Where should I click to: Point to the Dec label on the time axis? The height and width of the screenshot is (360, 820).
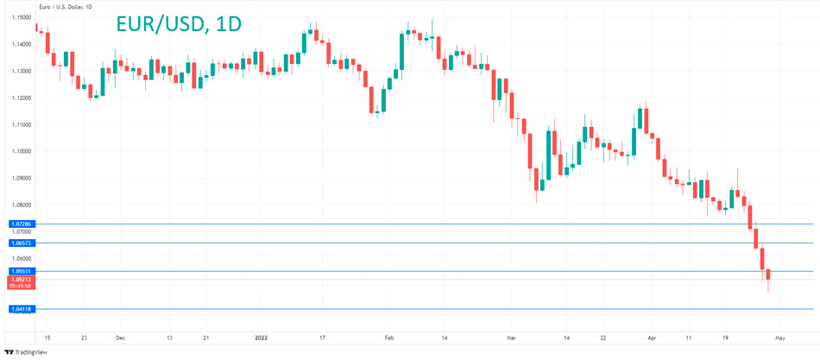(120, 338)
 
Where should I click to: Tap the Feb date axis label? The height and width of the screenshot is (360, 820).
(389, 338)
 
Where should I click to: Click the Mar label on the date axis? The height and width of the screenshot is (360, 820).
(511, 338)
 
